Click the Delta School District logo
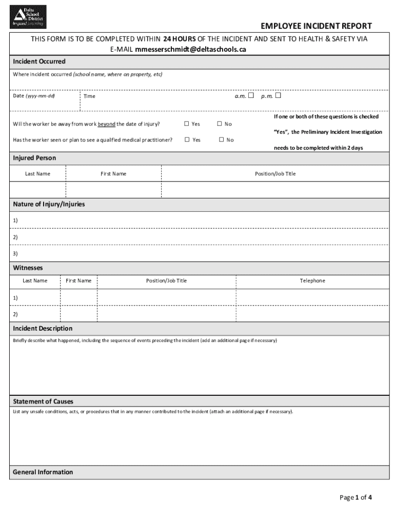pos(29,16)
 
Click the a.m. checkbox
pos(251,95)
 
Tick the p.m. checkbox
pos(278,95)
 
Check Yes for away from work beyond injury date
pos(187,124)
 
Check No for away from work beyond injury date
pos(220,124)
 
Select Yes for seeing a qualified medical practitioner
pos(187,139)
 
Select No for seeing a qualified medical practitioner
pos(222,139)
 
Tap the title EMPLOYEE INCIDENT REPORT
pos(316,26)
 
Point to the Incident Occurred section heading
pos(39,62)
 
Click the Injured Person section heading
pos(34,158)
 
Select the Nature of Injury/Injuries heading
pos(49,204)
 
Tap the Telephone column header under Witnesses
pos(312,280)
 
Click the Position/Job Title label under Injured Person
pos(275,174)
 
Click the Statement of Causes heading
pos(43,401)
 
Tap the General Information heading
pos(43,472)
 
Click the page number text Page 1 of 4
pos(355,497)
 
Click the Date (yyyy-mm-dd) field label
pos(34,96)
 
